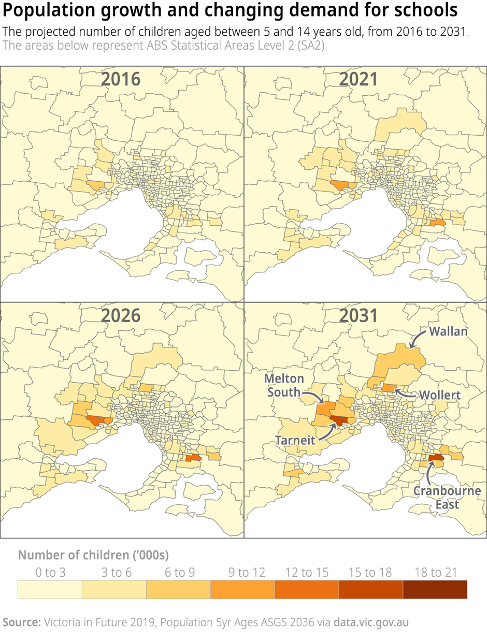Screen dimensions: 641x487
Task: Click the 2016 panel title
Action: (x=120, y=79)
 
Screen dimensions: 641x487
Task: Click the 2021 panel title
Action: (x=359, y=79)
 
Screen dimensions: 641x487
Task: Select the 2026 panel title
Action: (x=120, y=315)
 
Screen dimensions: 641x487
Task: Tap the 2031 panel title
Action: (x=359, y=315)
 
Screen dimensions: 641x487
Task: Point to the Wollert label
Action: (x=439, y=395)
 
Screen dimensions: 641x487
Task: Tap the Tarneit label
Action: (x=295, y=441)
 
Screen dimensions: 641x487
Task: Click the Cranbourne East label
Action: (x=448, y=497)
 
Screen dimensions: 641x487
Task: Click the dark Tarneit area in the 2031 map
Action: (x=339, y=420)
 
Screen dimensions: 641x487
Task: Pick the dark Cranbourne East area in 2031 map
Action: (x=436, y=458)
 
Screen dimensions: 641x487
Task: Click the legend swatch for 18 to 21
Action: (x=435, y=589)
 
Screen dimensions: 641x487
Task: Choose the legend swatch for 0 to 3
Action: (x=50, y=589)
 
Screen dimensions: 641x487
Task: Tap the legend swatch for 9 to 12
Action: (x=242, y=589)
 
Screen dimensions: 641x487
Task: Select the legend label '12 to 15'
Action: (x=307, y=572)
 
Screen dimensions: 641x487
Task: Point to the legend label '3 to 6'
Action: (x=114, y=572)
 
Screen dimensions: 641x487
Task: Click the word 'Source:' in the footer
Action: (x=22, y=622)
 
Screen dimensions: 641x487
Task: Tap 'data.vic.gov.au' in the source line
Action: (x=371, y=622)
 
